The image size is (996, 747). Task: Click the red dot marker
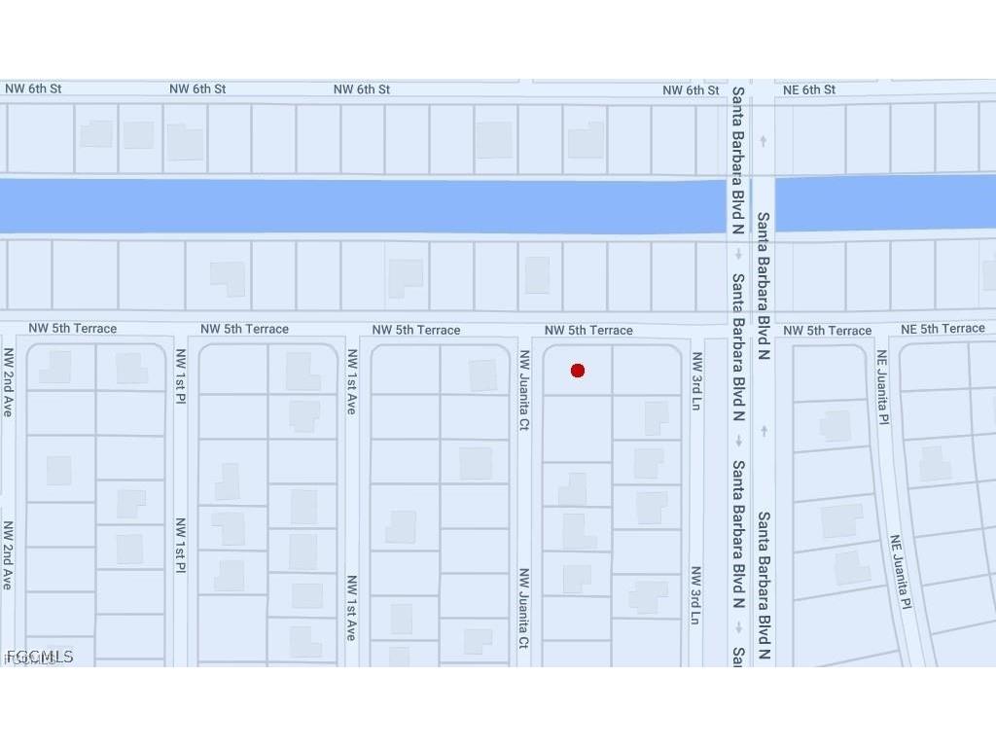point(578,371)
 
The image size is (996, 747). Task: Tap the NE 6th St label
point(808,90)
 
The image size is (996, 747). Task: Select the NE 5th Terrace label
point(943,329)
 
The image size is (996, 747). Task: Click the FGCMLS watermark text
point(39,658)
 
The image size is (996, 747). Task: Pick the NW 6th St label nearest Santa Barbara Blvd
point(691,90)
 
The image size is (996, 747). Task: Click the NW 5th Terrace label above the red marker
point(588,331)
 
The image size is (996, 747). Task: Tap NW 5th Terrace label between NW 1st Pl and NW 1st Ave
point(244,330)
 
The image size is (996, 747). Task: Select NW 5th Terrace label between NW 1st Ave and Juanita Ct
point(416,331)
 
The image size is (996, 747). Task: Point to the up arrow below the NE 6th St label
point(764,141)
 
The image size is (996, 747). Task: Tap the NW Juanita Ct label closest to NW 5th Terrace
point(523,390)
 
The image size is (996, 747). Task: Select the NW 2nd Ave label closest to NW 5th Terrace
point(8,382)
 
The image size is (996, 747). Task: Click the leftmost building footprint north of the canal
point(96,134)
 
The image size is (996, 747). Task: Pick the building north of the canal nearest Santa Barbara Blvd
point(586,140)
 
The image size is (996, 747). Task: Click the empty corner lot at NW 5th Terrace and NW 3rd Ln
point(647,370)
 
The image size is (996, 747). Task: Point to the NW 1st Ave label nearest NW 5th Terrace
point(351,382)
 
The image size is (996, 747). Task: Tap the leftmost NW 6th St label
point(33,89)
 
